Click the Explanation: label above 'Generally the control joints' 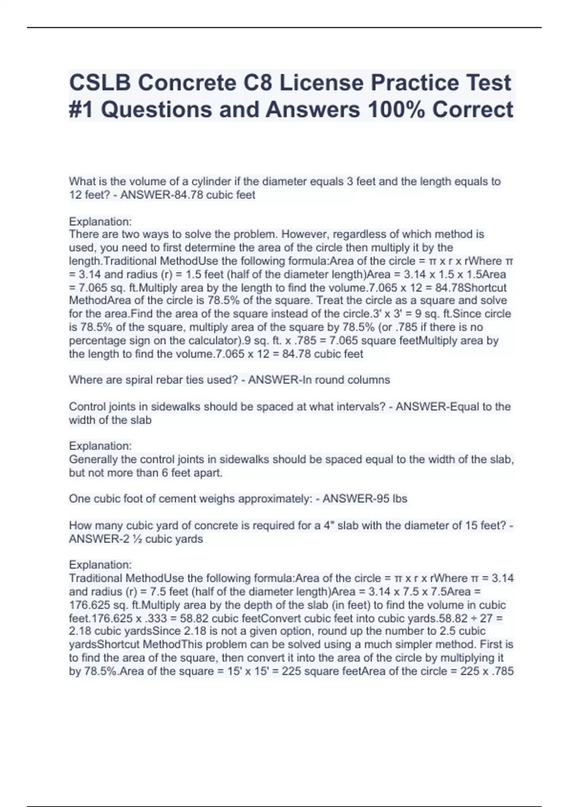100,446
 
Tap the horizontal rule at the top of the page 284,28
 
